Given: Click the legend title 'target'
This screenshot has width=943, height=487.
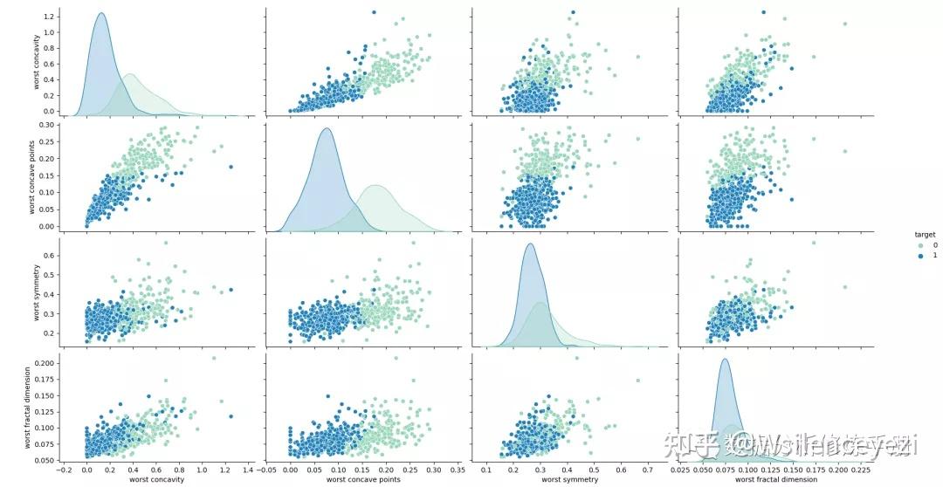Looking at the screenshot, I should point(913,235).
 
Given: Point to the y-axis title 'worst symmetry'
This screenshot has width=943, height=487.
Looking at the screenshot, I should point(35,290).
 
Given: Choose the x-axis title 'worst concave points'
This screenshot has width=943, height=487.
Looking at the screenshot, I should point(363,479).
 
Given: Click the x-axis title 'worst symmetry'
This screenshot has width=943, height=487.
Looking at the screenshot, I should point(569,479).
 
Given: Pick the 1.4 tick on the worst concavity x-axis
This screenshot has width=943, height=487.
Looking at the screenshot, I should point(248,470).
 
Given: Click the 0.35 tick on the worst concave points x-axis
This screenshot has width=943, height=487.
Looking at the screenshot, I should point(455,470).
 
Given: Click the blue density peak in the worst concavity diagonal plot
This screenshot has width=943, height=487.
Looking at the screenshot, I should point(101,13).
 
